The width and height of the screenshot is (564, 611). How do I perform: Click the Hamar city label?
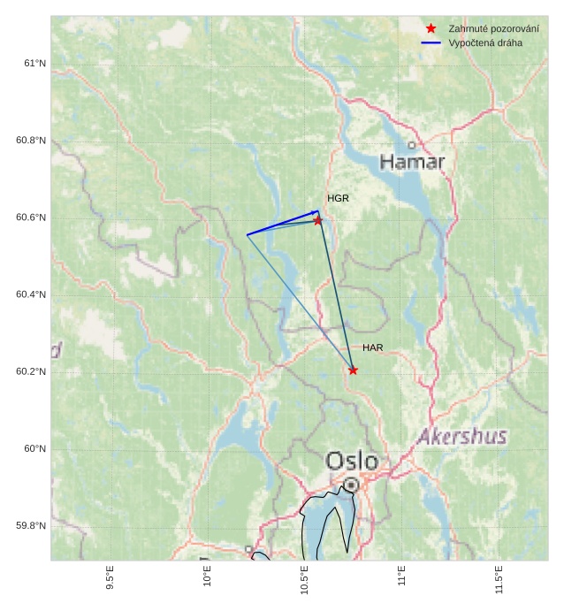[x=412, y=162]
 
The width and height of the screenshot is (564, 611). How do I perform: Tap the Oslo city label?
[x=352, y=461]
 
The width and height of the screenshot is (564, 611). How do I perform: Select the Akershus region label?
[x=462, y=436]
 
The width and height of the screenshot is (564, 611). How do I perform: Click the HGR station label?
[x=338, y=198]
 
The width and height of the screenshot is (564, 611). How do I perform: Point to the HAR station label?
[x=372, y=348]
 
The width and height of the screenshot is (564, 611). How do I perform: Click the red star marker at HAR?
[x=354, y=370]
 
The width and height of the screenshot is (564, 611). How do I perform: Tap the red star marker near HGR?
[x=318, y=220]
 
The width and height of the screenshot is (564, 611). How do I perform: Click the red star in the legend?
[x=431, y=28]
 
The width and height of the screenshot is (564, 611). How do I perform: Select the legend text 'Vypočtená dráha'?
[x=485, y=42]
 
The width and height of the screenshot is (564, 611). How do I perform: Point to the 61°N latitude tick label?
[x=34, y=64]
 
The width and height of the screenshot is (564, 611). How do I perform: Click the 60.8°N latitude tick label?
[x=31, y=141]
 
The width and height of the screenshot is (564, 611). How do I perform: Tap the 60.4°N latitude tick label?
[x=31, y=294]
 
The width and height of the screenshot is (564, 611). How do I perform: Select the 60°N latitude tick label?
[x=34, y=448]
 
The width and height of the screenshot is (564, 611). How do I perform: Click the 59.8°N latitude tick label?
[x=31, y=525]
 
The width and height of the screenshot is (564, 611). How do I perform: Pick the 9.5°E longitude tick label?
[x=110, y=580]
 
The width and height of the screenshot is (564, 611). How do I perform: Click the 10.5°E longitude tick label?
[x=304, y=580]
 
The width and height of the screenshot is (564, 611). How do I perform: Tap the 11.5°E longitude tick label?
[x=499, y=580]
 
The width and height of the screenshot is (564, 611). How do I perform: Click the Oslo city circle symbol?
[x=351, y=485]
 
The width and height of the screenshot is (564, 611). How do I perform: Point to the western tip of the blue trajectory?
[x=247, y=234]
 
